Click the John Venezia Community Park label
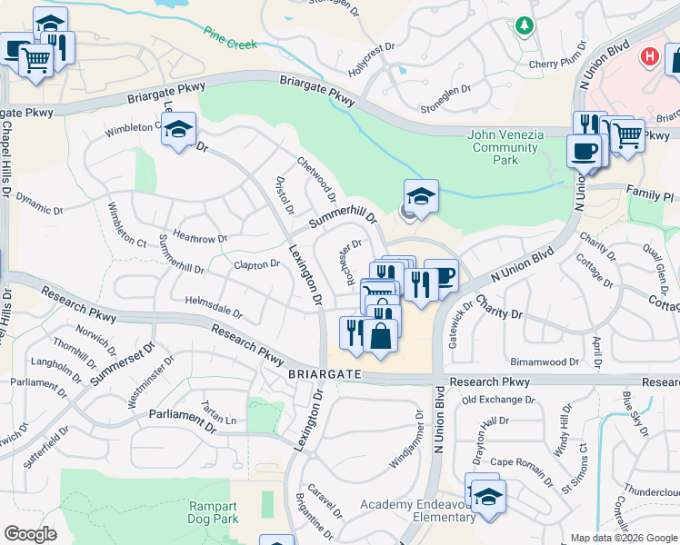[505, 147]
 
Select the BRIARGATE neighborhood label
[325, 374]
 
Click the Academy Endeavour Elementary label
[416, 511]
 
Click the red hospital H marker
[649, 56]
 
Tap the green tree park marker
[524, 25]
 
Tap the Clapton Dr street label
[256, 265]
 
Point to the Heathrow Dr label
[199, 239]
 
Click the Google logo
[30, 533]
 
